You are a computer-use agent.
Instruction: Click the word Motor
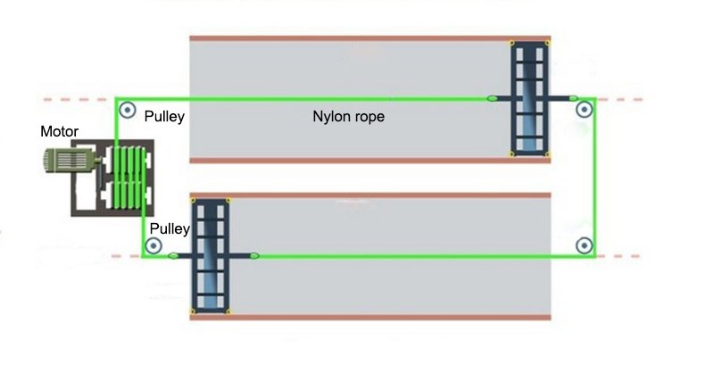point(60,132)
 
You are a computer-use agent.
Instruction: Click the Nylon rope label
point(348,116)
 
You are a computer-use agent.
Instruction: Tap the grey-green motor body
point(69,161)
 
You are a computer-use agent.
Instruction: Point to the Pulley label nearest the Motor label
point(163,116)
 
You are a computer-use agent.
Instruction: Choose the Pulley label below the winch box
point(169,229)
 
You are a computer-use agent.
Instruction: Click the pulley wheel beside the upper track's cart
point(585,111)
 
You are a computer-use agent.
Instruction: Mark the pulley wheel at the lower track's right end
point(585,244)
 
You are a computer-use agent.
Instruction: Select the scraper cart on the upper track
point(529,98)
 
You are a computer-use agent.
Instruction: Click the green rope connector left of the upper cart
point(493,97)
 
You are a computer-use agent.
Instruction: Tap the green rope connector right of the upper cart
point(573,98)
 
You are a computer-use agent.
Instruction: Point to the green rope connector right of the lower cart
point(254,256)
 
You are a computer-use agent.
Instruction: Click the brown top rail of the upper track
point(370,37)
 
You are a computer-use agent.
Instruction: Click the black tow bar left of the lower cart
point(178,256)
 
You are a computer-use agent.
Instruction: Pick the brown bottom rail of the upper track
point(370,161)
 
